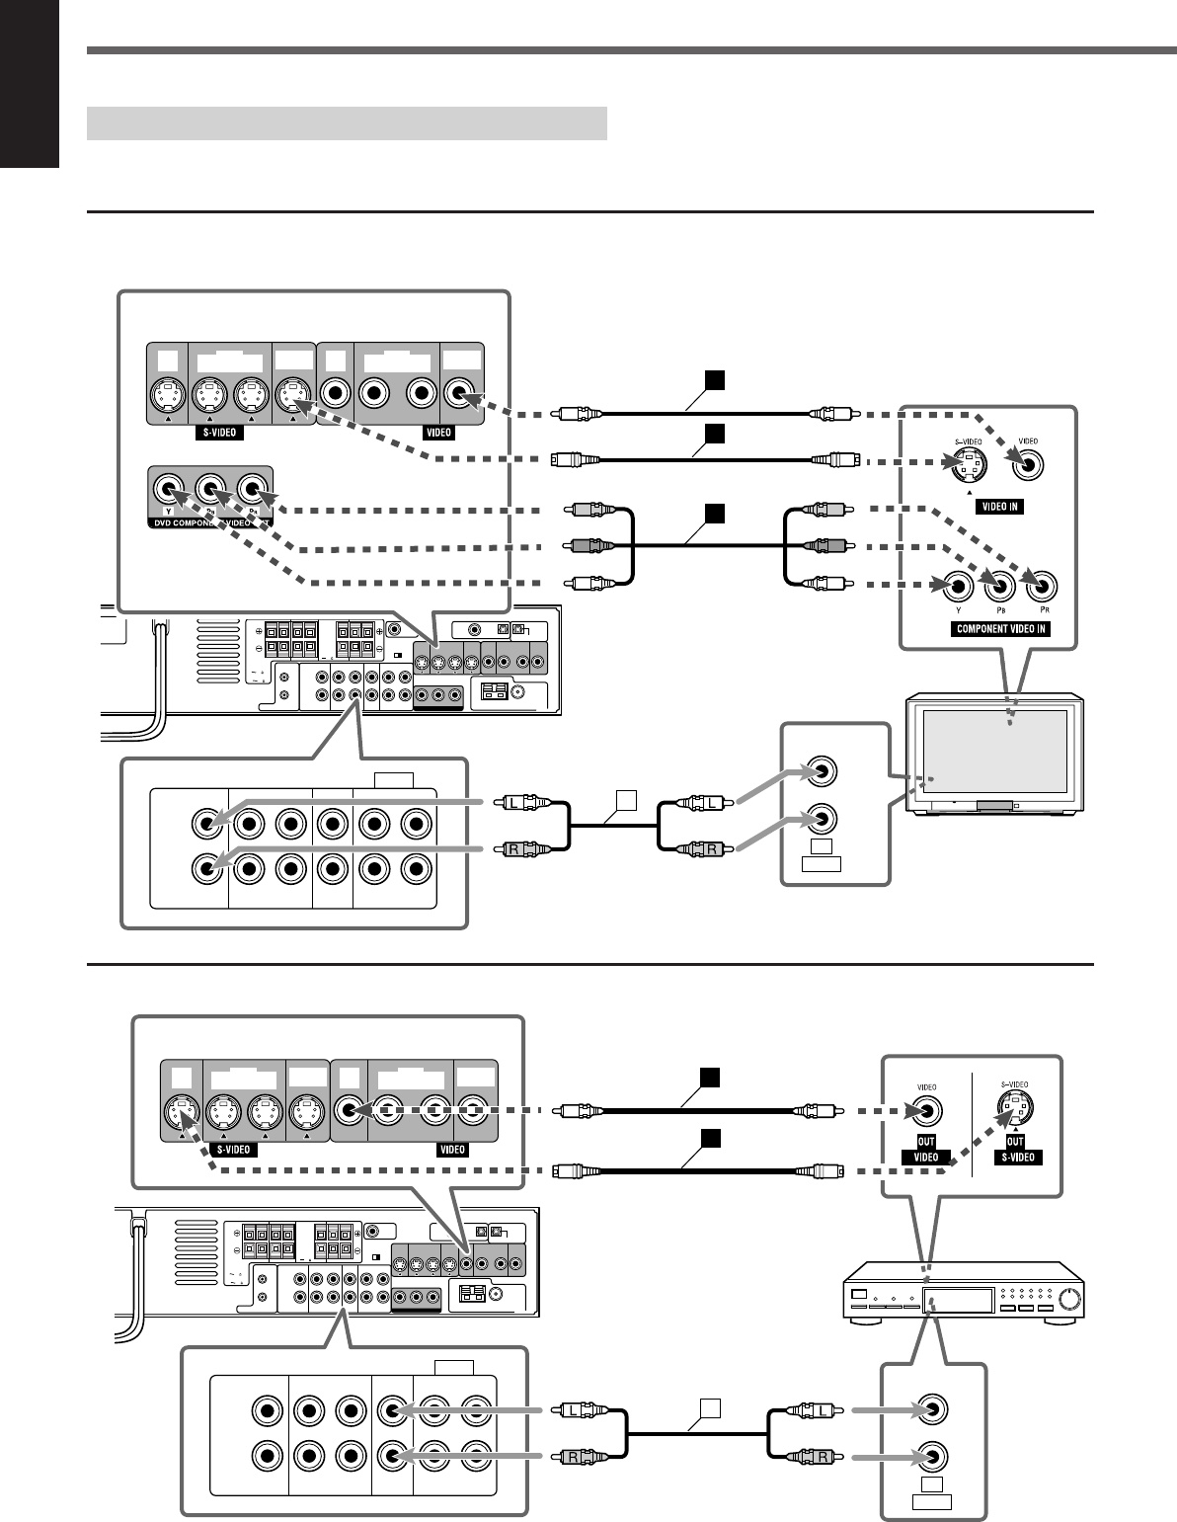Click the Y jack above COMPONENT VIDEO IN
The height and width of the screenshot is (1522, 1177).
956,587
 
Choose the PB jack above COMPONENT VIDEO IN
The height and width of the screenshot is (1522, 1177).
999,587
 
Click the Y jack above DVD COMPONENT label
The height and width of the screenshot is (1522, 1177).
169,489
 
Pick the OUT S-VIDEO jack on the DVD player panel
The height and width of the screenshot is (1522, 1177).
1016,1111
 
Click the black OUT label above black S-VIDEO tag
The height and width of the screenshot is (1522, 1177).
1016,1139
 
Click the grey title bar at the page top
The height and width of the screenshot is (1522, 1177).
347,123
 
